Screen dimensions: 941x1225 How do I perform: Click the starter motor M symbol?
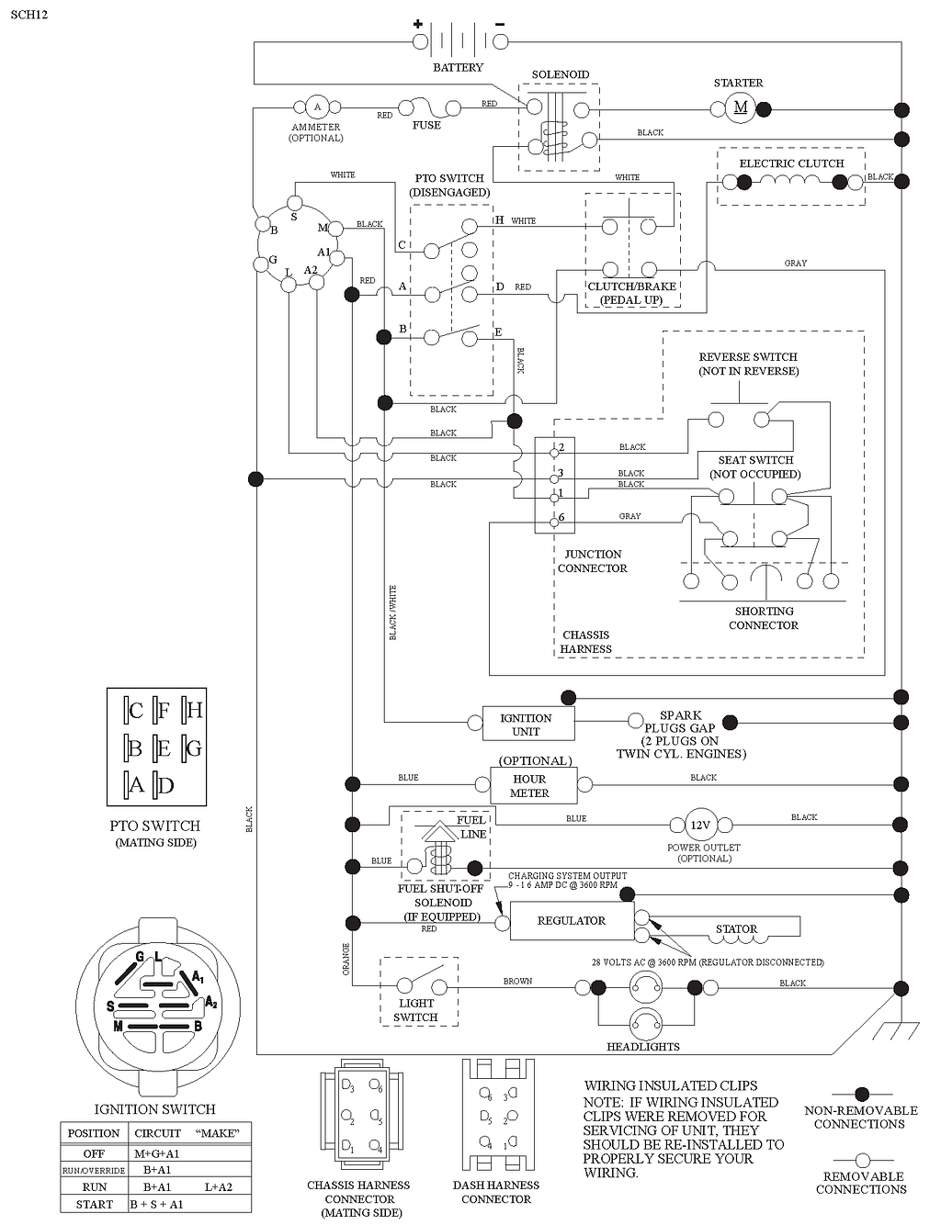740,108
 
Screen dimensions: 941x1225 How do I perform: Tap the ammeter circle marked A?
317,107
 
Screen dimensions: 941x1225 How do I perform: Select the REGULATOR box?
572,920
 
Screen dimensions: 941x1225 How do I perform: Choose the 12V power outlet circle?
700,826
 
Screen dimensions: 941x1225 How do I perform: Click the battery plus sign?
417,24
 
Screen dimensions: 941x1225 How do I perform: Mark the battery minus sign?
499,24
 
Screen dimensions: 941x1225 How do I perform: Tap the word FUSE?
426,125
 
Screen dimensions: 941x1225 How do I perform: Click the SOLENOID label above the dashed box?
561,74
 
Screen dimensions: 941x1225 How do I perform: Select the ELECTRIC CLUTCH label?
791,163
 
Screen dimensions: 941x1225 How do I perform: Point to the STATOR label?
736,928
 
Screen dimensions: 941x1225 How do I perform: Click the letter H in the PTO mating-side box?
194,710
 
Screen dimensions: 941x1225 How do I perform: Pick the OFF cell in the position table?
94,1154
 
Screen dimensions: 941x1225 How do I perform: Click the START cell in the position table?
95,1205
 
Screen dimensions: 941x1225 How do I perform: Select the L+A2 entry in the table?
219,1187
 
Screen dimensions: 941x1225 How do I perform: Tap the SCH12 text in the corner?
28,15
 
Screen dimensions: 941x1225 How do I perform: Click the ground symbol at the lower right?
896,1031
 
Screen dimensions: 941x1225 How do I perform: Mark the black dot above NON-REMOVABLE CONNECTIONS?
861,1095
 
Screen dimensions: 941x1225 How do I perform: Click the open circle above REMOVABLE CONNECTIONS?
863,1160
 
